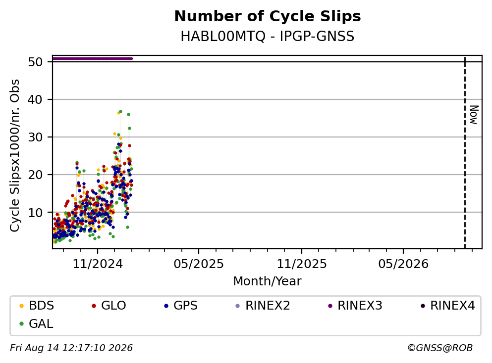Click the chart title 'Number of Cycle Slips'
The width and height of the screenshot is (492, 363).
(x=268, y=16)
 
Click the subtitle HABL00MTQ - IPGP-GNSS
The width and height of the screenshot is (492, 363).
(x=268, y=36)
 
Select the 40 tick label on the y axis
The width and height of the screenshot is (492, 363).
(x=35, y=99)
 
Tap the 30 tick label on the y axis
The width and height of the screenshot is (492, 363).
(x=35, y=137)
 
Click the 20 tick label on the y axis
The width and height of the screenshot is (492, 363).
(x=35, y=175)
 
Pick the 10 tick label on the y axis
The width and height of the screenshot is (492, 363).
(x=35, y=212)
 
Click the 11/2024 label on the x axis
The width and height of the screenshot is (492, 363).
(x=98, y=264)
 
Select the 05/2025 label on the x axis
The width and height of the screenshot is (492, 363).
(x=199, y=264)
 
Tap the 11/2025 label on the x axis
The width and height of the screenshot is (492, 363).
(x=302, y=264)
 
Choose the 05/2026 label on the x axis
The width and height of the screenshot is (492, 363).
(x=403, y=264)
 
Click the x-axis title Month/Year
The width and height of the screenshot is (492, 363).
(x=267, y=281)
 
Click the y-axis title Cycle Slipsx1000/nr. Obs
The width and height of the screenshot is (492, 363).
(x=14, y=155)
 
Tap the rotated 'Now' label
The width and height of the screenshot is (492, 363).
(x=474, y=115)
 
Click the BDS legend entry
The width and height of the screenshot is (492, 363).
(x=37, y=305)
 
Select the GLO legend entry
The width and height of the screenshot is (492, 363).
(x=109, y=305)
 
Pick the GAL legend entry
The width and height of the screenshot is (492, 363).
(x=36, y=323)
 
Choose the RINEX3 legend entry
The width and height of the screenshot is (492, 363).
(x=355, y=305)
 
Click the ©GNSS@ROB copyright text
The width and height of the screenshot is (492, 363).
(x=440, y=348)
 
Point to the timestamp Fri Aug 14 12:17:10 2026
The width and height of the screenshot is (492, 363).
(x=71, y=348)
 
